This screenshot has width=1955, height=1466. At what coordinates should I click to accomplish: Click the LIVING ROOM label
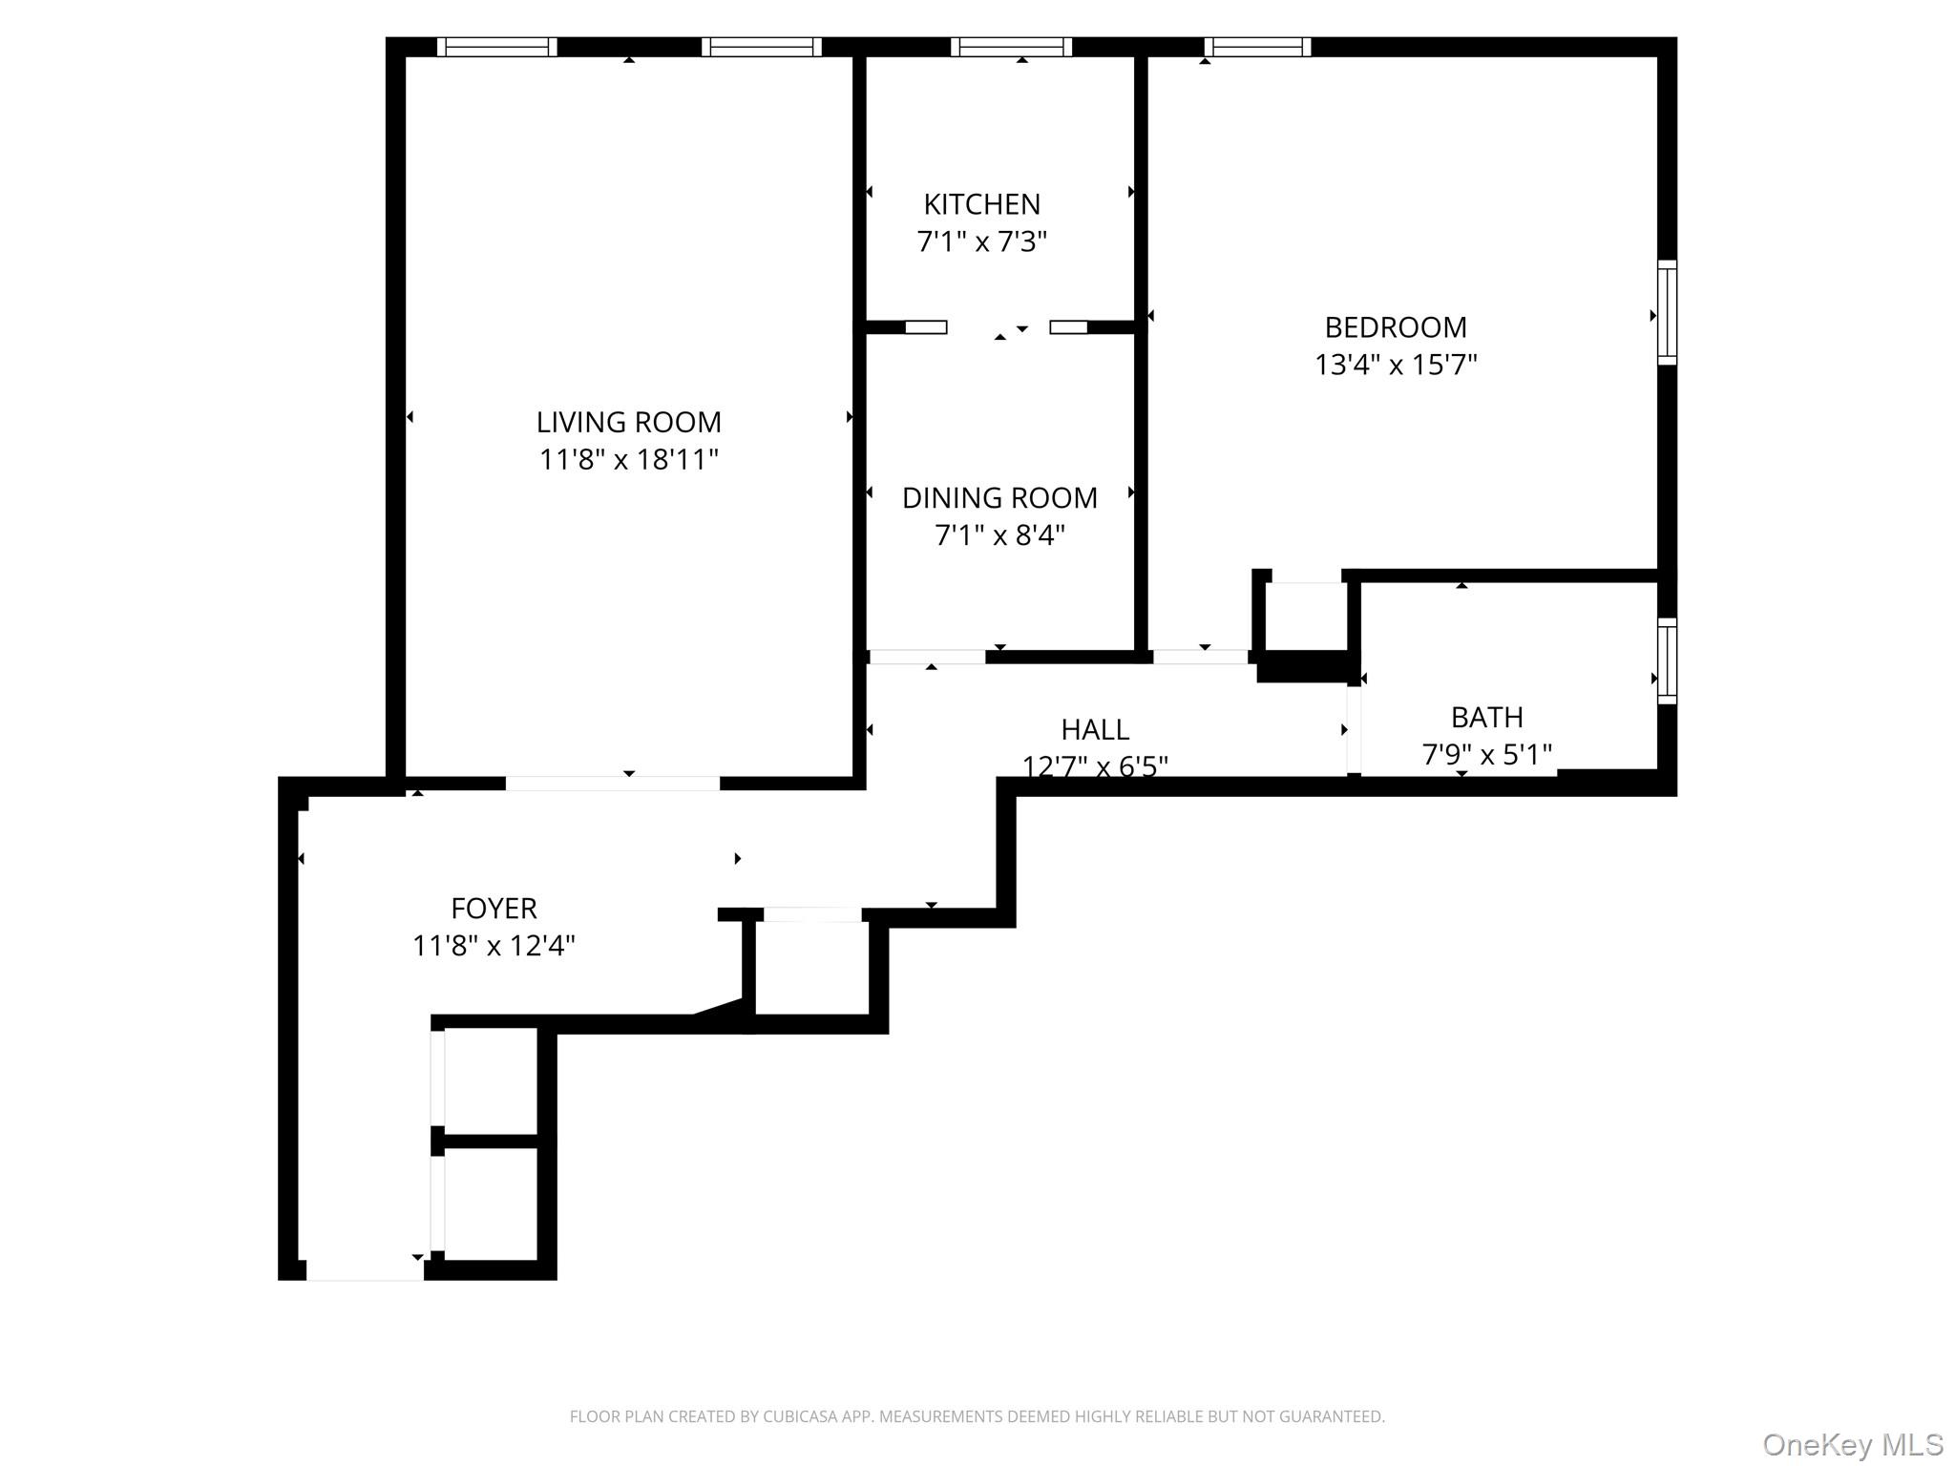pyautogui.click(x=628, y=422)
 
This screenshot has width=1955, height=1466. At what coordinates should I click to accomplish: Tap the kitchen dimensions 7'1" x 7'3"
pyautogui.click(x=981, y=241)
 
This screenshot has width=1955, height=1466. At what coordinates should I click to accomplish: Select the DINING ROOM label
pyautogui.click(x=999, y=497)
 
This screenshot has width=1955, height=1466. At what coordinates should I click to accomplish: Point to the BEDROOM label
pyautogui.click(x=1395, y=327)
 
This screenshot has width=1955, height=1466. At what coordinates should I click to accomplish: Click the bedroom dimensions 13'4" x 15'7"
pyautogui.click(x=1395, y=365)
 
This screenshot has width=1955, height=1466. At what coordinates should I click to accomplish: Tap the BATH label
pyautogui.click(x=1486, y=717)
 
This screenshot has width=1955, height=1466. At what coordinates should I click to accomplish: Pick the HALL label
pyautogui.click(x=1095, y=729)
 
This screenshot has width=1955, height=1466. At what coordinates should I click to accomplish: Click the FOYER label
pyautogui.click(x=494, y=908)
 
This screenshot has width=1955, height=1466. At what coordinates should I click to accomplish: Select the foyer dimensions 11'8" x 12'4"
pyautogui.click(x=494, y=946)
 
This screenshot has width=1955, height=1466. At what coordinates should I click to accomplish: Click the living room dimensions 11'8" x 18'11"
pyautogui.click(x=628, y=460)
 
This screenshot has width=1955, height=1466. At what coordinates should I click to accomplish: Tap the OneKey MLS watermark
pyautogui.click(x=1852, y=1444)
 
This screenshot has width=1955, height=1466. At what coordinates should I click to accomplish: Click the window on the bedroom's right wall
pyautogui.click(x=1667, y=312)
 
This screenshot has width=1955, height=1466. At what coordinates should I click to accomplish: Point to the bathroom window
pyautogui.click(x=1667, y=660)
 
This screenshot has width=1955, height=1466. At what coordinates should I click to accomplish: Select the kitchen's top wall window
pyautogui.click(x=1011, y=47)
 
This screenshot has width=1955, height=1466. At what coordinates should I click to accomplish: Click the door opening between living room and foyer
pyautogui.click(x=612, y=784)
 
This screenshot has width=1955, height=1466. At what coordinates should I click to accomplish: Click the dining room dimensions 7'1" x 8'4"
pyautogui.click(x=999, y=535)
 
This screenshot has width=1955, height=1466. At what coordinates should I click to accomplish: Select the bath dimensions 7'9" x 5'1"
pyautogui.click(x=1486, y=755)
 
